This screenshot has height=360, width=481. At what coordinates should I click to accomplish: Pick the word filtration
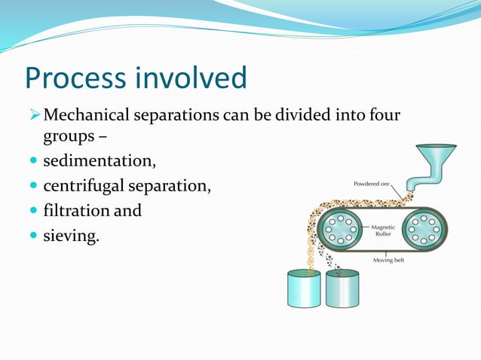coord(74,210)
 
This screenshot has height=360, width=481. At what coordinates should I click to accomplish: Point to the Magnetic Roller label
coord(385,230)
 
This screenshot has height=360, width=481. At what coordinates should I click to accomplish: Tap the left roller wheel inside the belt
coord(341,228)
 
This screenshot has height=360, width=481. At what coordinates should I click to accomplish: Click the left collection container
coord(305,289)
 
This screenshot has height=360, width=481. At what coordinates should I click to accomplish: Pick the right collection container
coord(344,289)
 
